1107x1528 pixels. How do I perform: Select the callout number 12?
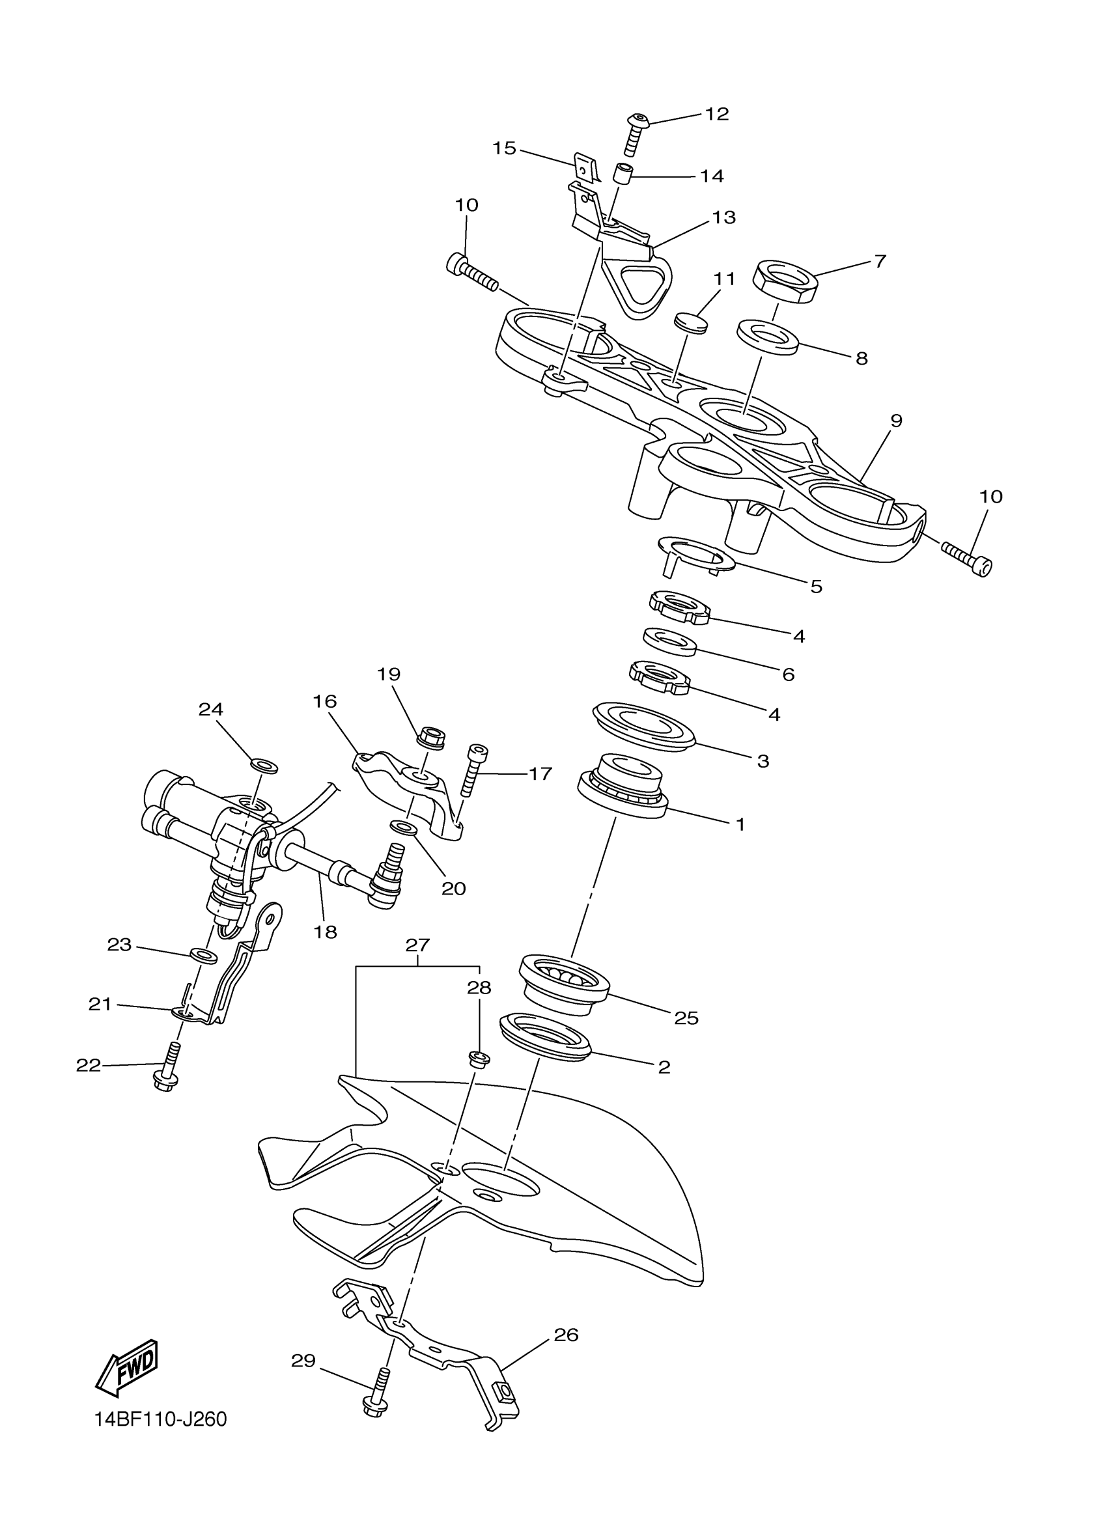click(x=717, y=114)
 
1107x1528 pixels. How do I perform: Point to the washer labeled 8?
click(x=768, y=337)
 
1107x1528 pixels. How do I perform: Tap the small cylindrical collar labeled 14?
click(x=623, y=173)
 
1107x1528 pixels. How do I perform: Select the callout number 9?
click(x=895, y=421)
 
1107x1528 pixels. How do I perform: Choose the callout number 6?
click(x=789, y=674)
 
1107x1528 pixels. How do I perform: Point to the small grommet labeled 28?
click(x=479, y=1059)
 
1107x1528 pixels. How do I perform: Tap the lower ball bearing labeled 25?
click(x=563, y=982)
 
